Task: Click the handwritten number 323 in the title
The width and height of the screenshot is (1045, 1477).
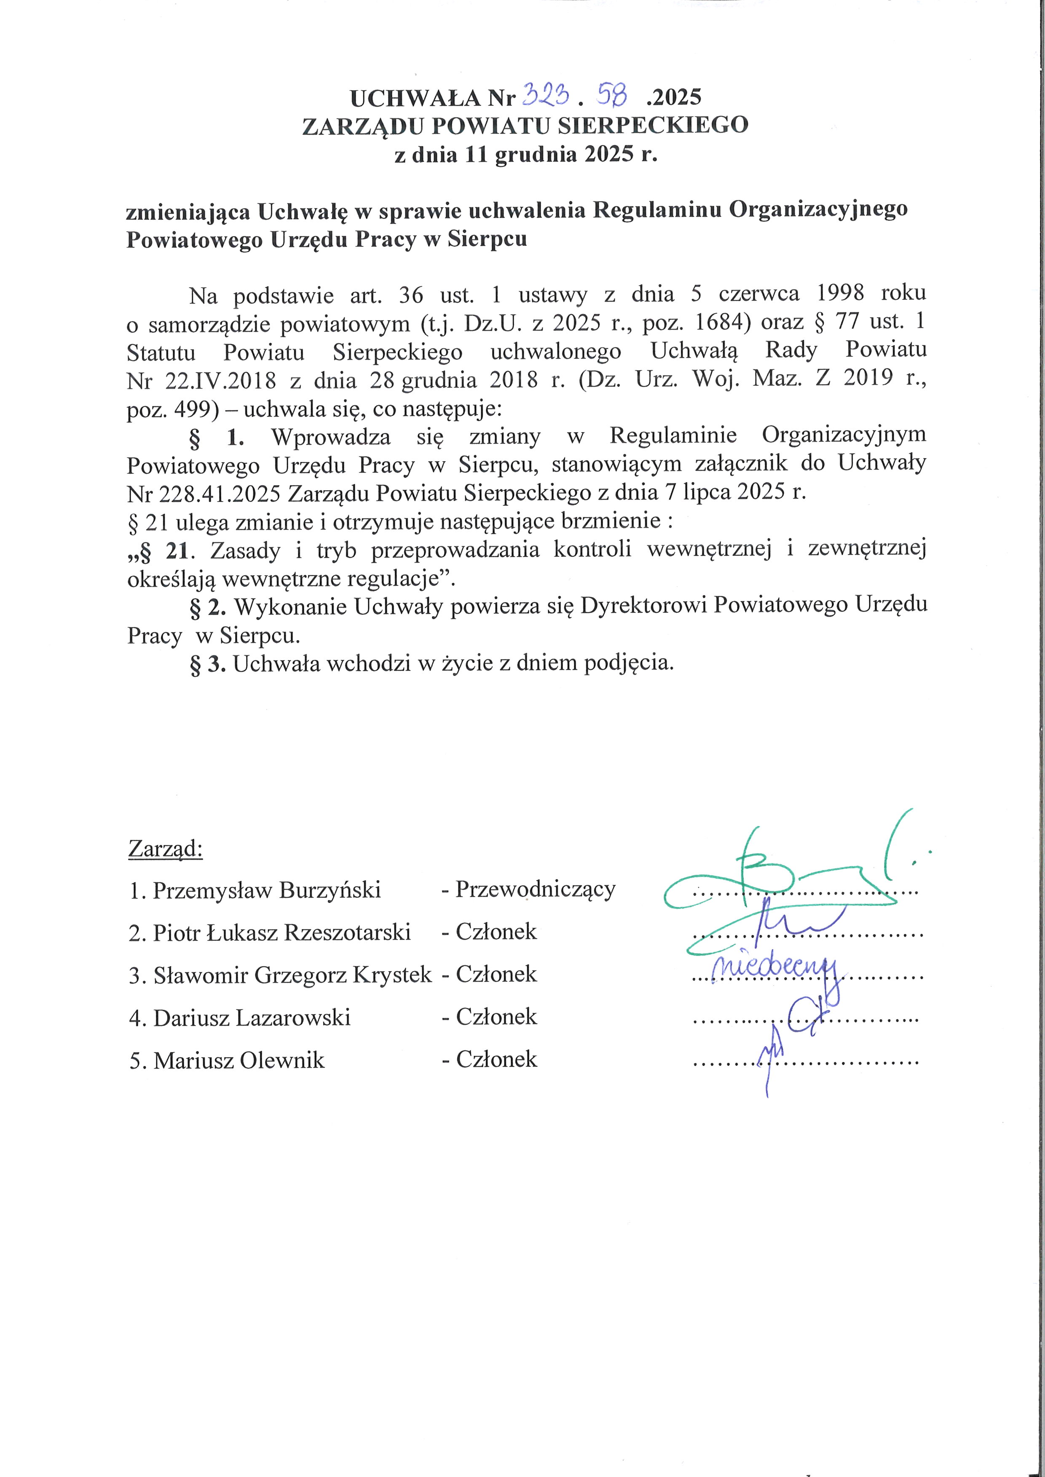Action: [547, 96]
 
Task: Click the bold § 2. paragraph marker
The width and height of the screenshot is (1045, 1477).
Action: [207, 606]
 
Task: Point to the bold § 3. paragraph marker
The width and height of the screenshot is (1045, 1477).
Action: [207, 664]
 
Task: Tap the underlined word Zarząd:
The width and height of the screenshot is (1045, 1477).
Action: [165, 849]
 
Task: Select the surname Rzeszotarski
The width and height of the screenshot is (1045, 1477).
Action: [348, 932]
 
